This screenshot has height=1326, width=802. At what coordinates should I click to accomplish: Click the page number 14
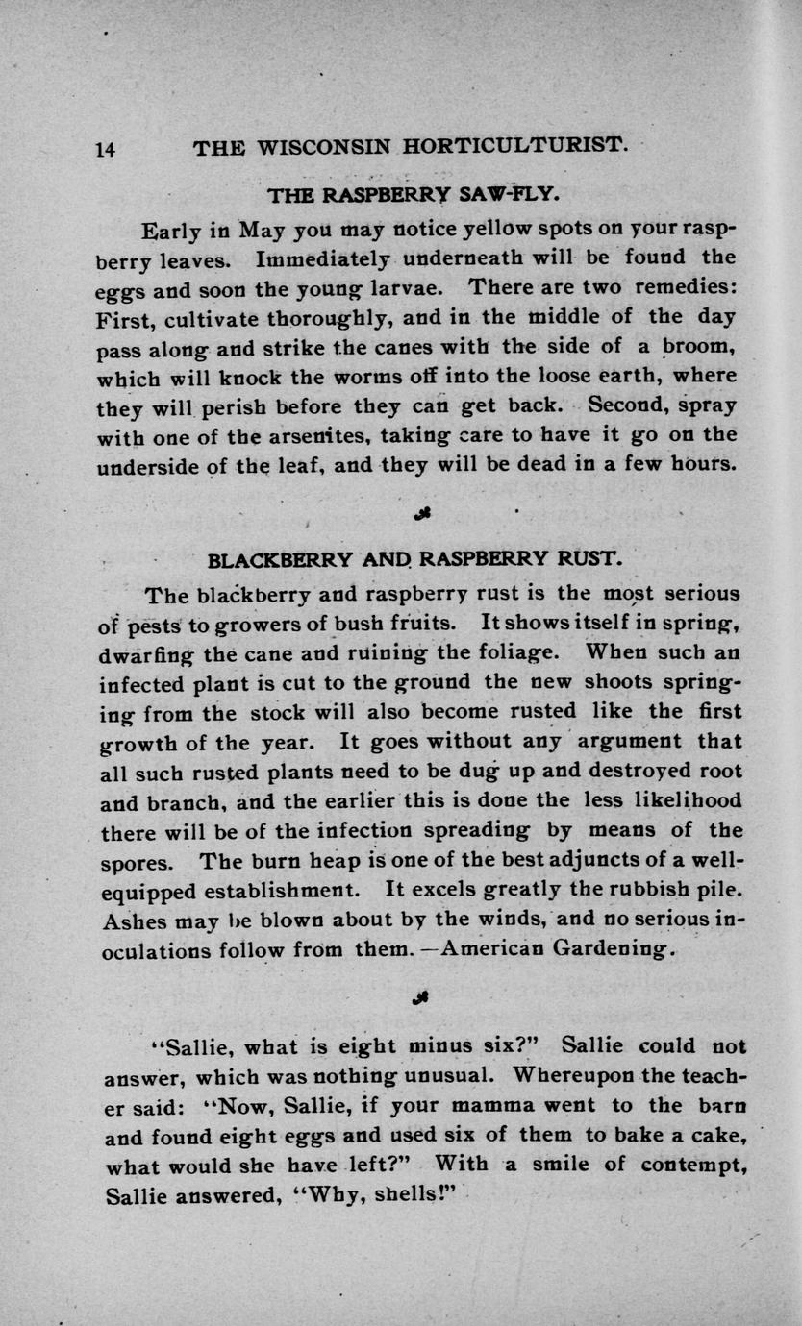point(106,149)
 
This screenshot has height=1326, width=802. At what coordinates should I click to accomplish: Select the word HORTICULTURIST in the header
point(515,148)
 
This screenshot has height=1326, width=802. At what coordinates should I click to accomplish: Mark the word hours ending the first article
point(703,463)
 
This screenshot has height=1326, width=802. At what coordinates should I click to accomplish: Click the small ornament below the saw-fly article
point(420,512)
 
